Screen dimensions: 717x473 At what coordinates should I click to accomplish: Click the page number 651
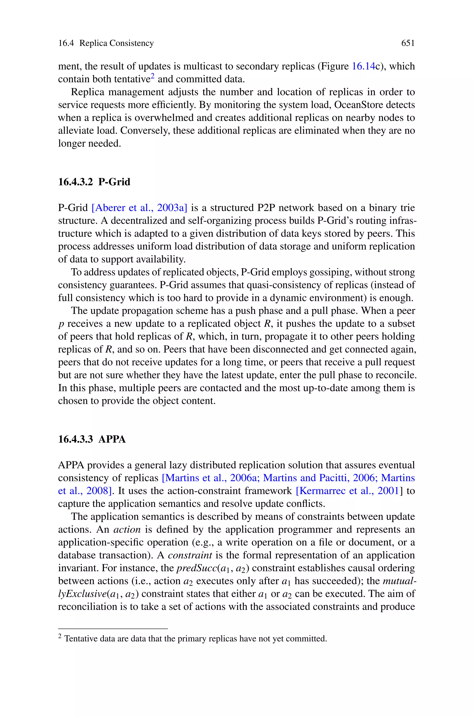click(408, 43)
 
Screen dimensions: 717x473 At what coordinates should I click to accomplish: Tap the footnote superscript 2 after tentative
click(153, 77)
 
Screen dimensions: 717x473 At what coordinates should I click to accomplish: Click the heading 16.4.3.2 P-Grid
click(94, 182)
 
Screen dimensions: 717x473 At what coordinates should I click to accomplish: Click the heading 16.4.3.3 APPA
click(92, 439)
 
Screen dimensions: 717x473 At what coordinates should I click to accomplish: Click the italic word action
click(127, 530)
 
